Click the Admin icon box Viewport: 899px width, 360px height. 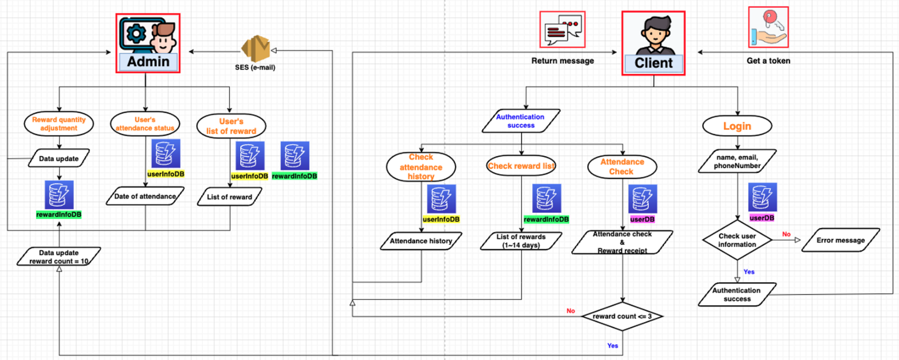point(148,43)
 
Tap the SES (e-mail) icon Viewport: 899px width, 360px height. point(255,49)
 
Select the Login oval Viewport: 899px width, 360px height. point(737,126)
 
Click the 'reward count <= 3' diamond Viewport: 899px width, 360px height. point(622,316)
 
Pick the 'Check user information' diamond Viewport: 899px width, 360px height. point(737,240)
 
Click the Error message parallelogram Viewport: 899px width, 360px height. point(840,240)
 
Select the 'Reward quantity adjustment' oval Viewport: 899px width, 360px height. point(59,124)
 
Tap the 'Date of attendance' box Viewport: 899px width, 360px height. point(145,196)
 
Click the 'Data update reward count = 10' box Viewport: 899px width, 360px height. point(59,257)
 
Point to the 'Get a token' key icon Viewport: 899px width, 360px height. point(769,28)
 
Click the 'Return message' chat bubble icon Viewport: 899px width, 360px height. point(562,30)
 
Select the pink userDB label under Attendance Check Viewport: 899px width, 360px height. point(642,219)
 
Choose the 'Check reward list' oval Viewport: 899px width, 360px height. point(521,166)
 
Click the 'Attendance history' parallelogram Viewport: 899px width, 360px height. point(421,241)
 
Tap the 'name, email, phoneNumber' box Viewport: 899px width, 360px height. point(737,162)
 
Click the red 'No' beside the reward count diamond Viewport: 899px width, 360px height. point(571,311)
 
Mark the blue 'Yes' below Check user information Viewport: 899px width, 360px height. point(749,272)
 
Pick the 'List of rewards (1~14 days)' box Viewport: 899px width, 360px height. point(521,241)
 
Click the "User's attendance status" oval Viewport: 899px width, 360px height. point(145,124)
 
